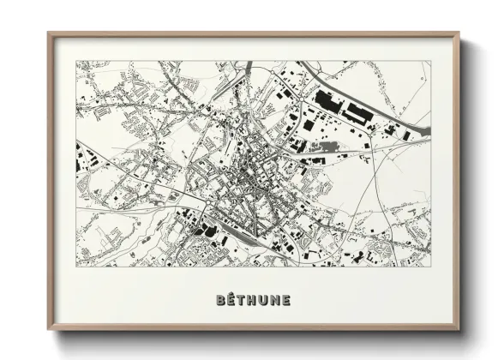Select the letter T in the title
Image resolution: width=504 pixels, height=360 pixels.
point(244,300)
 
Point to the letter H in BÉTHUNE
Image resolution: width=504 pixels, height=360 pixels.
point(255,300)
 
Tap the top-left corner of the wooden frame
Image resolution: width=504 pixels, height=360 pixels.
point(49,33)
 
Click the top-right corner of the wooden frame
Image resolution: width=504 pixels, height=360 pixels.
point(459,33)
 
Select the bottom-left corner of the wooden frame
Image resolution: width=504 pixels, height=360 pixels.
point(49,330)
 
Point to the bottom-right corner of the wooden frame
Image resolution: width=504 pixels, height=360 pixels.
point(459,330)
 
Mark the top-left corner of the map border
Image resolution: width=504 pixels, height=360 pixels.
point(76,61)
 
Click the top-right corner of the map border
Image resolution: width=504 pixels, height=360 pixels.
point(431,61)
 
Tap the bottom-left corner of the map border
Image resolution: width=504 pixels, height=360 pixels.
point(76,267)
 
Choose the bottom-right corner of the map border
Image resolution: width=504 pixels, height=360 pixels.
point(431,267)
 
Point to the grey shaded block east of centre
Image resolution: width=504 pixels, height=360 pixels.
point(327,147)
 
